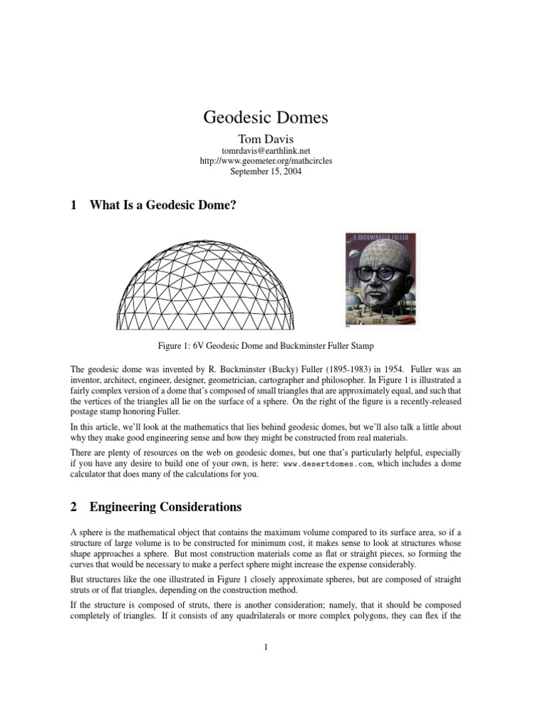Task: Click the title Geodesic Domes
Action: [265, 118]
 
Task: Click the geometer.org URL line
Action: [265, 161]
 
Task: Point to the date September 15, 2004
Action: [265, 172]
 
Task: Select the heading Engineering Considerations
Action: [165, 507]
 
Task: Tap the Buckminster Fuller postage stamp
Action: [381, 281]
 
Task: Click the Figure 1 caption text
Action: [265, 346]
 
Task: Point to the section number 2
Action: [73, 507]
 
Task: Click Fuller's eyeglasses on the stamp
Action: [384, 274]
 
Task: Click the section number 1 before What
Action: [73, 206]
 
